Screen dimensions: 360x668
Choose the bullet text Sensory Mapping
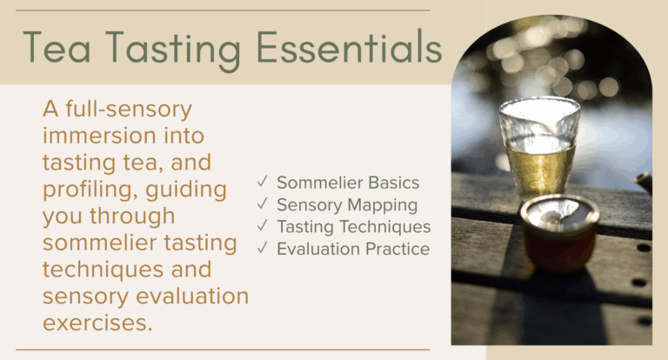point(347,205)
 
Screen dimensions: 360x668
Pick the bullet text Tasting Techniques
point(353,227)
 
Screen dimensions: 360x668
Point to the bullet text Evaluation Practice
point(352,250)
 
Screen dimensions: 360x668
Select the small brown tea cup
point(558,228)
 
